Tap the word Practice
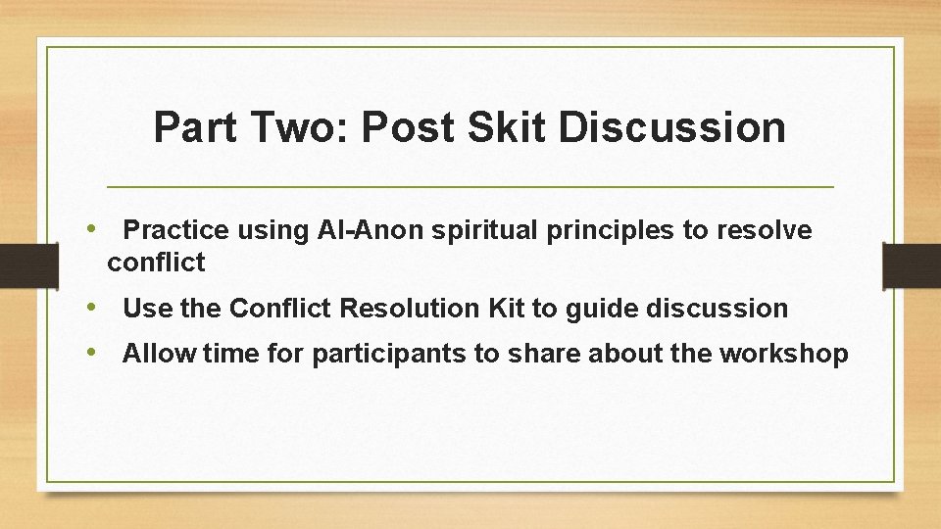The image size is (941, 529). click(x=176, y=230)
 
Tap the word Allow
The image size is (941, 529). click(x=160, y=355)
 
